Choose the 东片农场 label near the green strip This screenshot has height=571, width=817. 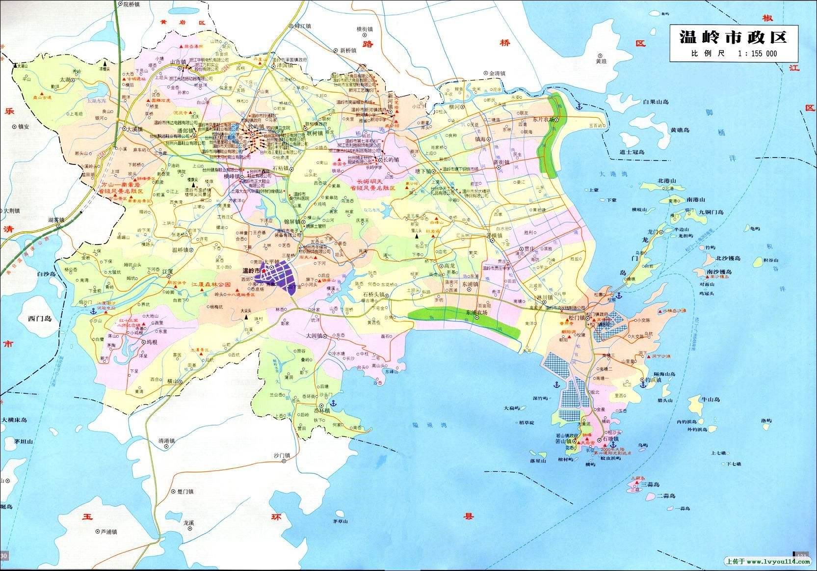[x=543, y=119]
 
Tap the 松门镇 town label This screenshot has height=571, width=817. [x=577, y=318]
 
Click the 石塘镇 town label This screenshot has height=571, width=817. [x=611, y=439]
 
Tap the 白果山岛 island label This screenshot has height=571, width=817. [x=656, y=102]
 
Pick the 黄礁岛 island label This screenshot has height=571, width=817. [x=680, y=130]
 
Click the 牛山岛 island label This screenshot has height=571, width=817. [x=710, y=399]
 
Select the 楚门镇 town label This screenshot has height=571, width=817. [x=184, y=491]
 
